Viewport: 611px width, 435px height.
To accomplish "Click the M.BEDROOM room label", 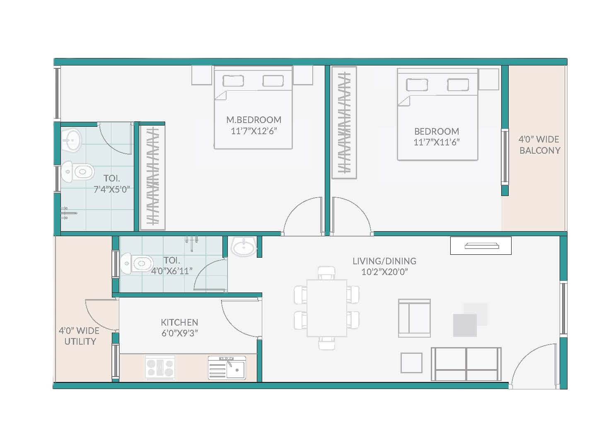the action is click(254, 120).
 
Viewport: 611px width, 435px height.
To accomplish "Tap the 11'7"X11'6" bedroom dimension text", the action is click(437, 142).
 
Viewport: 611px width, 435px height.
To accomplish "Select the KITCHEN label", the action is click(179, 322).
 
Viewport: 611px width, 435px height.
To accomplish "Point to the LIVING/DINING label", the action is click(384, 261).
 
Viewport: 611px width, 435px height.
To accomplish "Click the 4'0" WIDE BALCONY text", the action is click(539, 145).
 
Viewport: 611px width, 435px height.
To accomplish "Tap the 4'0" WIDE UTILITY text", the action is click(79, 336).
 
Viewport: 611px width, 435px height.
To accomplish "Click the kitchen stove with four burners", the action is click(160, 367).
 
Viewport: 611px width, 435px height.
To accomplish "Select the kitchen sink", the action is click(227, 367).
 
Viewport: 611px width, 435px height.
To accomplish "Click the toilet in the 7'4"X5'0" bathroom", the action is click(77, 172).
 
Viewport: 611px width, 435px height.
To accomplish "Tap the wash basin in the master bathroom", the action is click(71, 140).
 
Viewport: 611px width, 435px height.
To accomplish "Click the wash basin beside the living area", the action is click(243, 247).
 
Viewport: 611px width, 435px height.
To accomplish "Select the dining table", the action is click(327, 308).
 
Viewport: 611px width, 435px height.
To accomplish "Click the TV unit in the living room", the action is click(481, 246).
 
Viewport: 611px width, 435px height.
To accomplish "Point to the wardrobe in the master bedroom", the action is click(152, 178).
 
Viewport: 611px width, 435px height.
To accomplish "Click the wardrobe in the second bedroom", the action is click(344, 123).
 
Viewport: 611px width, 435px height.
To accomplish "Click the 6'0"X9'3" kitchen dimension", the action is click(179, 333).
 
